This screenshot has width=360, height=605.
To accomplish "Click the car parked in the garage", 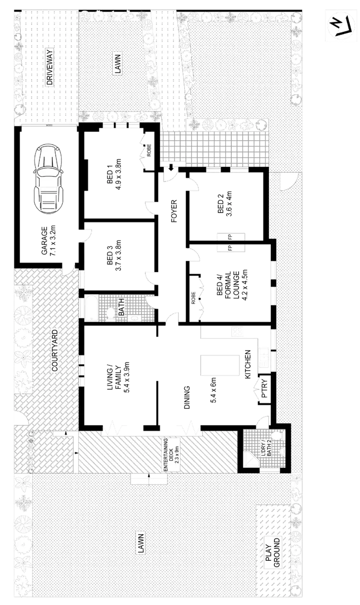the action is (48, 179).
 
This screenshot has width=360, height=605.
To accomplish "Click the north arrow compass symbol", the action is (338, 24).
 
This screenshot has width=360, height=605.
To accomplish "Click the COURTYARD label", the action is (55, 351).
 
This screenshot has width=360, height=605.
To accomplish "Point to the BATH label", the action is (121, 308).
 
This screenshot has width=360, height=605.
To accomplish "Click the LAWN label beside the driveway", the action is (118, 64).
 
